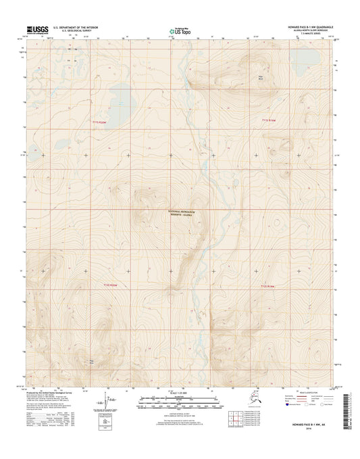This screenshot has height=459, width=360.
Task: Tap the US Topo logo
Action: pos(180,30)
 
